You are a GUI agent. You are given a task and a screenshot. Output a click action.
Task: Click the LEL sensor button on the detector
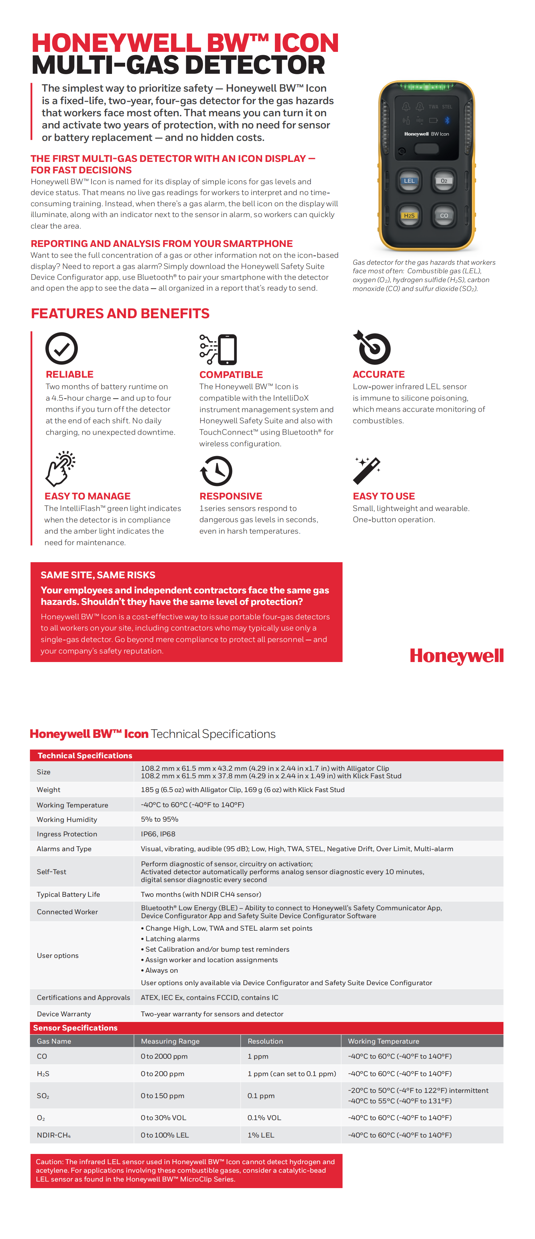(409, 181)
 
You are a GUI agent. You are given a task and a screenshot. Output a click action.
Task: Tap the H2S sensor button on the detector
(409, 215)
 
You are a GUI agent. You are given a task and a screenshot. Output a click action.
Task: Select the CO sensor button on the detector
(444, 215)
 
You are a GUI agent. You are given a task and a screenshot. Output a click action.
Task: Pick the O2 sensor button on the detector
(444, 181)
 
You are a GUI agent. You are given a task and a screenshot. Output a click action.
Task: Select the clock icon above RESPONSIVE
(216, 471)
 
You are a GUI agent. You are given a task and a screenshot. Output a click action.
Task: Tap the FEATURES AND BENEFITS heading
(120, 314)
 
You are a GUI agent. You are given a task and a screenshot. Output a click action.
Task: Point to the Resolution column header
(265, 1041)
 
